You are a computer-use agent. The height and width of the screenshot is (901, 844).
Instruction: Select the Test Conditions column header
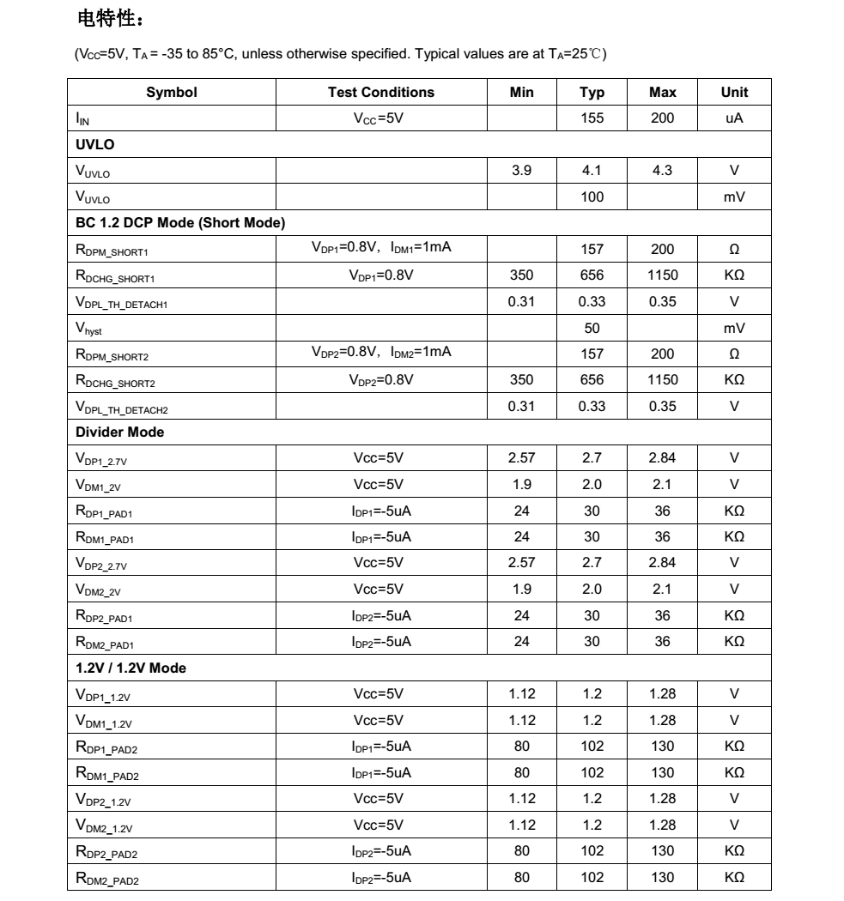coord(381,93)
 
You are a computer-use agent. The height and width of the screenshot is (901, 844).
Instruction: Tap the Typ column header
coord(592,93)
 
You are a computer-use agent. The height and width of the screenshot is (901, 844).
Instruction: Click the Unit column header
coord(734,93)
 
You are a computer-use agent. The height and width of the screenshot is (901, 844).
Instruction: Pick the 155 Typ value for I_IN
coord(592,118)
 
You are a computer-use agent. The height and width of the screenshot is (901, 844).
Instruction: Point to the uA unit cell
coord(734,118)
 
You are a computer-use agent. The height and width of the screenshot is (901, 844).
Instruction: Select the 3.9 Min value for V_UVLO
coord(521,171)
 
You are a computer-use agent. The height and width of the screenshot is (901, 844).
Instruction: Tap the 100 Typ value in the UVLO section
coord(592,197)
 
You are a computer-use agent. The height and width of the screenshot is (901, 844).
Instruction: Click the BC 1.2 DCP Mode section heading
coord(180,223)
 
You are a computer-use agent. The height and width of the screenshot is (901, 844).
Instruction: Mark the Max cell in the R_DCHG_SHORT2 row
coord(662,380)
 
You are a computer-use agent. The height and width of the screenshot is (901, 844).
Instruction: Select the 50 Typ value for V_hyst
coord(592,328)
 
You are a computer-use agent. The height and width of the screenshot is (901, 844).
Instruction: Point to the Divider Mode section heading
coord(120,432)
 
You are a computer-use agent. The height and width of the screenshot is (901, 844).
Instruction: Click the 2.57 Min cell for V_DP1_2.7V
coord(521,458)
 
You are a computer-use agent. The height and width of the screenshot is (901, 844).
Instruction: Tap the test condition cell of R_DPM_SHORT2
coord(381,354)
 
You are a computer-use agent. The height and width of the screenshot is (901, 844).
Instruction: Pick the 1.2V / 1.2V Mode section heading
coord(131,668)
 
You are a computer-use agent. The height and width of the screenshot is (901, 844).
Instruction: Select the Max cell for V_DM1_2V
coord(662,485)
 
